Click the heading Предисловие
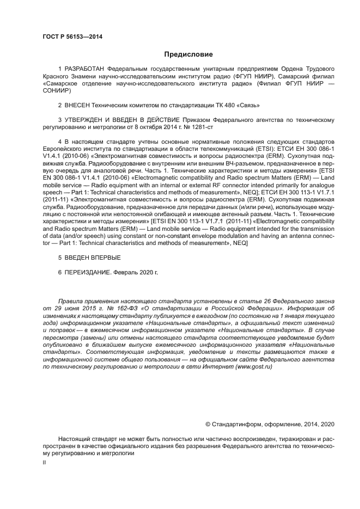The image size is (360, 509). [x=188, y=54]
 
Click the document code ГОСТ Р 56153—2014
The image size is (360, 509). [x=72, y=36]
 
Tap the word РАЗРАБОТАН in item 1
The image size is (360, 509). [x=84, y=70]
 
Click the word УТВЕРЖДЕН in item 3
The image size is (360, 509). [x=86, y=119]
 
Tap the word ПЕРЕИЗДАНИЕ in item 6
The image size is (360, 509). [x=90, y=271]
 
